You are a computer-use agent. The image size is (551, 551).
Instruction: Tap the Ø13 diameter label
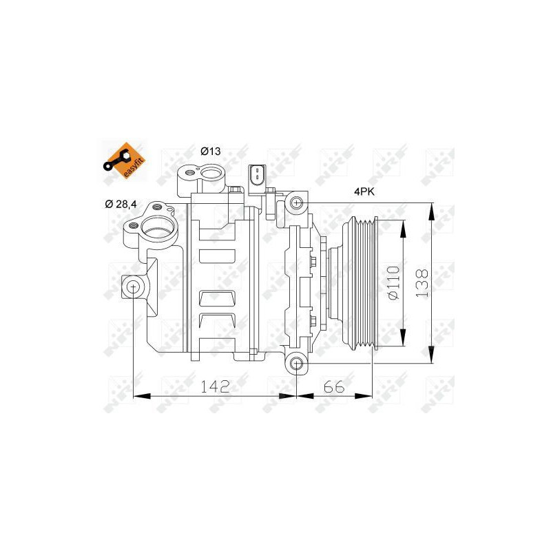point(210,151)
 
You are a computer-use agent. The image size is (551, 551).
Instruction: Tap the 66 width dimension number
point(333,386)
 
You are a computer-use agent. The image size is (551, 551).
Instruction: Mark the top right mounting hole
point(296,203)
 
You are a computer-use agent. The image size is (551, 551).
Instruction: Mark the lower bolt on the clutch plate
point(313,321)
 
